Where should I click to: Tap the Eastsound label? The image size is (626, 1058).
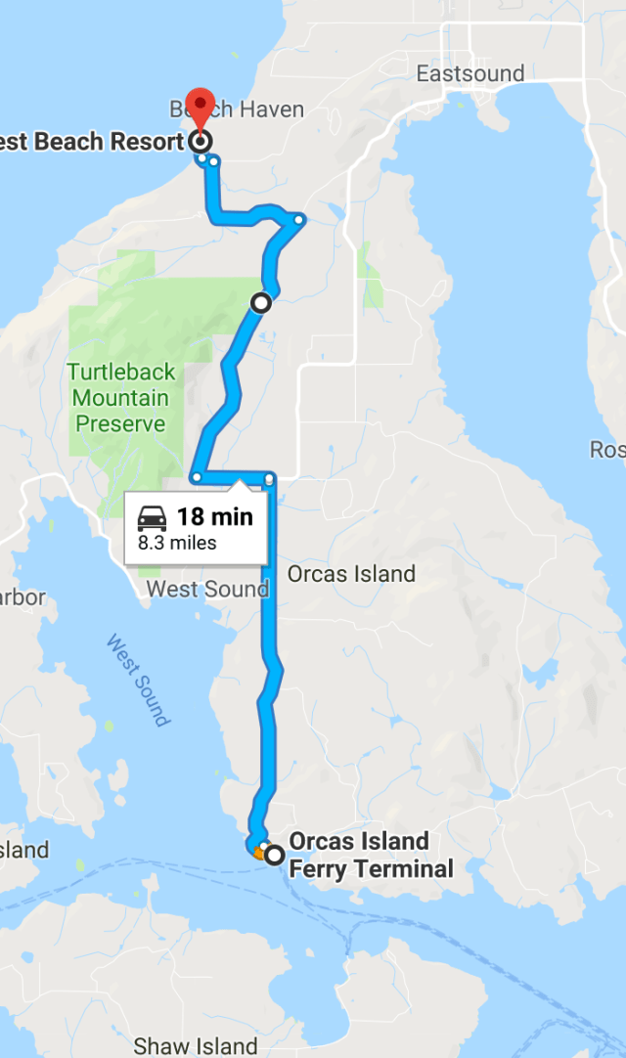point(469,73)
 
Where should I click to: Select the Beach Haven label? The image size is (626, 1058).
point(238,109)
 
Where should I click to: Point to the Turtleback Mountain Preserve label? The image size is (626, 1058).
point(121,398)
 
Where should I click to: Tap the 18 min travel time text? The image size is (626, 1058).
point(214,516)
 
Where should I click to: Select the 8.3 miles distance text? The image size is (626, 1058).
point(177,543)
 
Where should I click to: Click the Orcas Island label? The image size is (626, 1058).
point(351,574)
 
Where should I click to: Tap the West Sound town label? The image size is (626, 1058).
point(206,589)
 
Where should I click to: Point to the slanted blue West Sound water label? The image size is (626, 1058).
point(138,681)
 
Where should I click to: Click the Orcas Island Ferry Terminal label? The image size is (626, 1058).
point(371,855)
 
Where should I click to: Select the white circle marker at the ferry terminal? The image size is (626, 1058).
point(274,855)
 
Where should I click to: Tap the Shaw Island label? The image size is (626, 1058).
point(196,1045)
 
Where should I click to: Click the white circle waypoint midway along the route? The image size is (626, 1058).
point(261,303)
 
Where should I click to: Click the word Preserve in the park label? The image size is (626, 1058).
point(120,424)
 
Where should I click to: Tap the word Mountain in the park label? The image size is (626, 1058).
point(120,398)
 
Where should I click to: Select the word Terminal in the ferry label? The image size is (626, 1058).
point(404,868)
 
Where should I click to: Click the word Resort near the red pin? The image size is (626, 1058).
point(148,142)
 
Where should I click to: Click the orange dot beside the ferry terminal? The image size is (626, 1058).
point(258,853)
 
